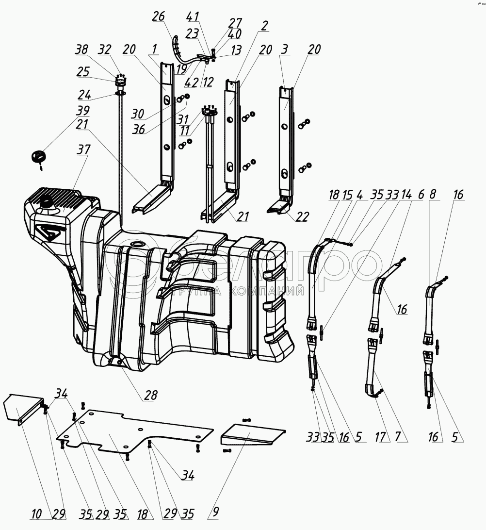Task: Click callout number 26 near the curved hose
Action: [x=159, y=17]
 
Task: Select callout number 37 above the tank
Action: [x=84, y=150]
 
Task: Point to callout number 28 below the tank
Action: [x=151, y=396]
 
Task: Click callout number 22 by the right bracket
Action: [x=302, y=217]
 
